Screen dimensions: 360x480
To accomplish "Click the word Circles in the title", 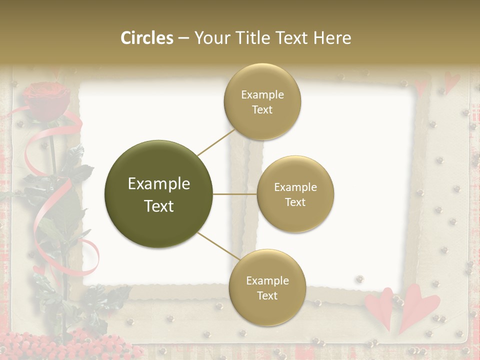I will (147, 38).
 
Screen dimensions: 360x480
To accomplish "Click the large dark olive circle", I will (159, 194).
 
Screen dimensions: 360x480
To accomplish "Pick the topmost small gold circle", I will (262, 101).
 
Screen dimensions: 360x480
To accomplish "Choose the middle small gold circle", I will (295, 194).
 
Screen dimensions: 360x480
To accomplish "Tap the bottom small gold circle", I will (267, 287).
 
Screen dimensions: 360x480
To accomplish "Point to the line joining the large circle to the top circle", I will (216, 141).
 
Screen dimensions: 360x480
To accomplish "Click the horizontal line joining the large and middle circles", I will (235, 194).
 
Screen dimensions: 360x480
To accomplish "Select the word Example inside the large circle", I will (159, 184).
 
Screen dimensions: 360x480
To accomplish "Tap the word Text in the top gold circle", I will (262, 109).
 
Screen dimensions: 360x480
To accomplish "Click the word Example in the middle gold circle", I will (295, 187).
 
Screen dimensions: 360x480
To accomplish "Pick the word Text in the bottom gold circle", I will (267, 295).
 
